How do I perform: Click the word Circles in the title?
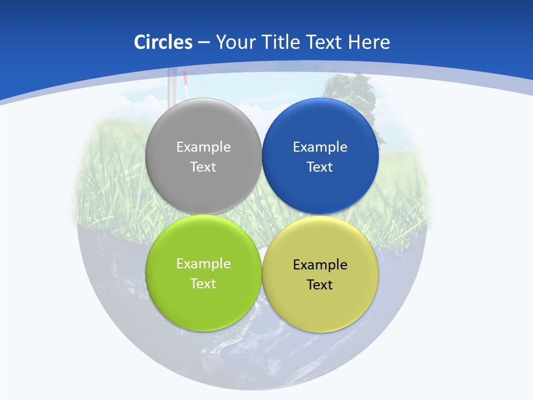point(163,42)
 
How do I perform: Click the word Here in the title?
point(369,42)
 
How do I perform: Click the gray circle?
point(203,189)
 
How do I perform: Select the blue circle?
point(320,189)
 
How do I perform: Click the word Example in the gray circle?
point(203,147)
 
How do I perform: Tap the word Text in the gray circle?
point(203,167)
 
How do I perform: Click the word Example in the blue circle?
point(320,147)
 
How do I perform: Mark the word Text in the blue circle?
point(320,167)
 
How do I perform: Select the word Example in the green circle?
point(203,263)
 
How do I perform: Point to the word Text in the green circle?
point(203,283)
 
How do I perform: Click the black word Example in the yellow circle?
point(320,264)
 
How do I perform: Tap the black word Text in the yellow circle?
point(320,284)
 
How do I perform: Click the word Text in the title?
point(325,42)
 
